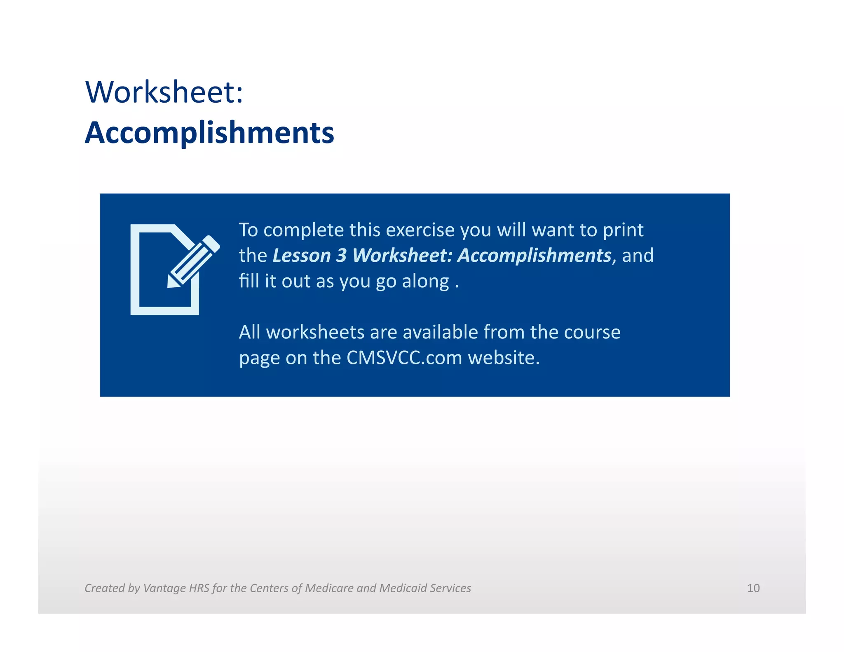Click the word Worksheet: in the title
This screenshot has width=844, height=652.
pos(164,92)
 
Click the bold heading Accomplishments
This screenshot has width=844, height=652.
pos(209,133)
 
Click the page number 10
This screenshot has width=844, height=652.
pos(753,588)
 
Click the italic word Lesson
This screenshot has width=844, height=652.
pos(302,256)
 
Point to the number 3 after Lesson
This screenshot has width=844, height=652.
pos(341,256)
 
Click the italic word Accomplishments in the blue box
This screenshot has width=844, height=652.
pos(534,256)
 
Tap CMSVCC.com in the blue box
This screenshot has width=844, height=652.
pos(404,358)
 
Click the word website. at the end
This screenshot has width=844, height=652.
pos(504,358)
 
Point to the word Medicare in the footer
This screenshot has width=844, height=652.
pos(329,588)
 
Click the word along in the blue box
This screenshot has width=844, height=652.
pos(425,281)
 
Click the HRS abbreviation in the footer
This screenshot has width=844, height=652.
pos(199,588)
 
